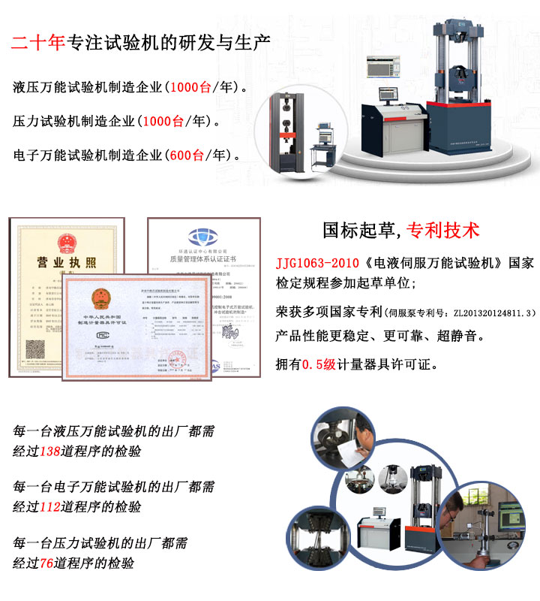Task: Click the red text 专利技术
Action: [442, 230]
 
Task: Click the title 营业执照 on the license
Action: [67, 262]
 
